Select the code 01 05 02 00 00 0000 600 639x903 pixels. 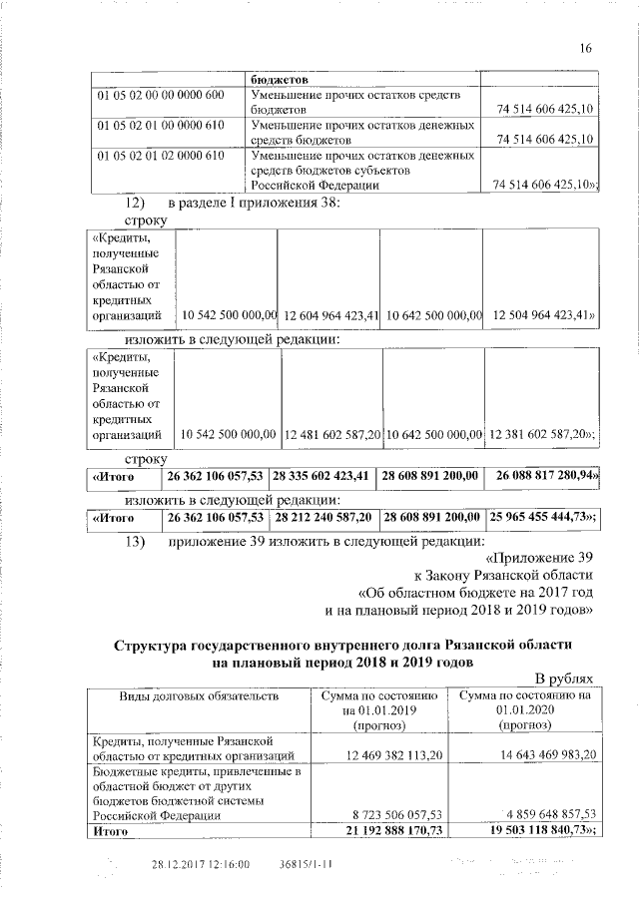click(162, 95)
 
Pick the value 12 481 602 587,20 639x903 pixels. click(332, 435)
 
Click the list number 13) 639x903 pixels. click(135, 542)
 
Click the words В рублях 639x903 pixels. click(564, 677)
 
